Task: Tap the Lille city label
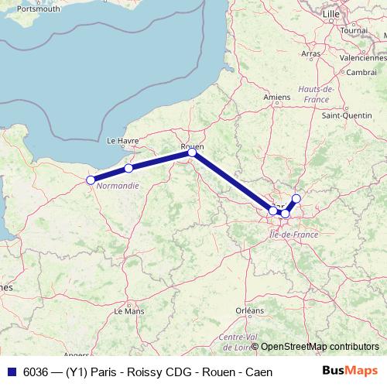pyautogui.click(x=332, y=14)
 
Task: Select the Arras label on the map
pyautogui.click(x=310, y=53)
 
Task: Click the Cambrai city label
pyautogui.click(x=362, y=72)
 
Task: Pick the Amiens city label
pyautogui.click(x=276, y=97)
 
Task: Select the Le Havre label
pyautogui.click(x=122, y=140)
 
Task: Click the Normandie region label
pyautogui.click(x=118, y=186)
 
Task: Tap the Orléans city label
pyautogui.click(x=250, y=310)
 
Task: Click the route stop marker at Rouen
pyautogui.click(x=192, y=153)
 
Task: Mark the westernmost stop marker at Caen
pyautogui.click(x=91, y=180)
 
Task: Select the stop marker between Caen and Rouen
pyautogui.click(x=128, y=168)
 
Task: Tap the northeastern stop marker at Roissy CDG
pyautogui.click(x=296, y=199)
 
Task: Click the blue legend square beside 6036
pyautogui.click(x=9, y=371)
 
